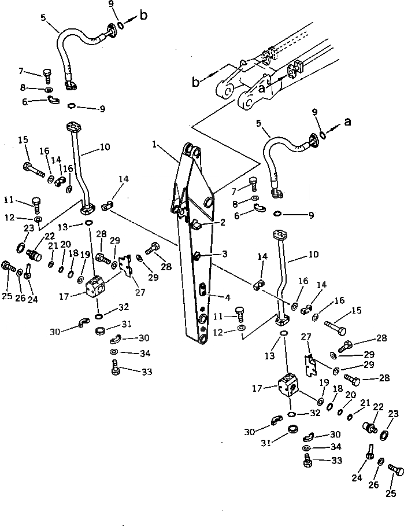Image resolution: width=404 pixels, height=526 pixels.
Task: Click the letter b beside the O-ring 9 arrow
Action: (x=143, y=16)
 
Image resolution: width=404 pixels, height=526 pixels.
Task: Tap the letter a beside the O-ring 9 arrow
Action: (x=347, y=122)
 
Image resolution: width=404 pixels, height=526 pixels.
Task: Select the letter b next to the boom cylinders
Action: (x=196, y=82)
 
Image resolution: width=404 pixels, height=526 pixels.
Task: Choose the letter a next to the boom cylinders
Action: (x=262, y=89)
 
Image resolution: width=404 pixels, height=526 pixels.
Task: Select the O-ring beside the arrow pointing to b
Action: (x=120, y=25)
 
